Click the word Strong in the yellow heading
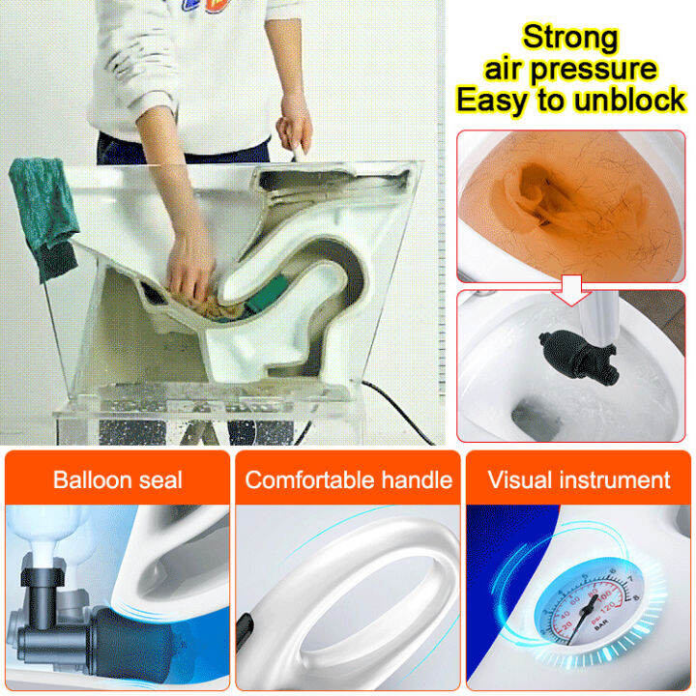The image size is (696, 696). (570, 38)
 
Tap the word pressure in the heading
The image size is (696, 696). (594, 71)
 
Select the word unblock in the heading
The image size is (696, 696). (630, 100)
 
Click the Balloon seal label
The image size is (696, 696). (118, 479)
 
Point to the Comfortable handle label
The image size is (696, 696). (348, 479)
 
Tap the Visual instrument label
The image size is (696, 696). (579, 479)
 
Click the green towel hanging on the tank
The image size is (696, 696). (43, 217)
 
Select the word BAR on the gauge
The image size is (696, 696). (600, 626)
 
